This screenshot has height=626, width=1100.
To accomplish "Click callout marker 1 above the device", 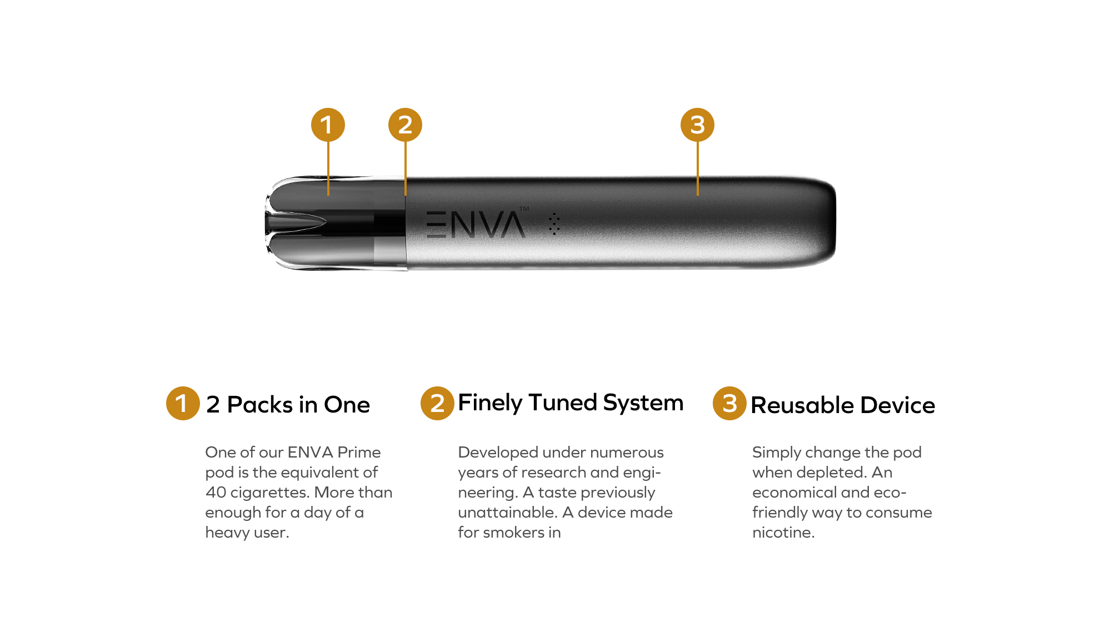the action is click(x=328, y=125).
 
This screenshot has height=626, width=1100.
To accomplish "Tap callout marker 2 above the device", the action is click(x=405, y=125).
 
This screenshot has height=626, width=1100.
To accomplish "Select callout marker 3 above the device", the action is click(x=697, y=125).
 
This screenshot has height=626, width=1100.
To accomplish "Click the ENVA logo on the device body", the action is click(x=476, y=225).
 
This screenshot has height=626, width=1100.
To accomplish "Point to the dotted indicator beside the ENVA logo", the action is click(x=554, y=224).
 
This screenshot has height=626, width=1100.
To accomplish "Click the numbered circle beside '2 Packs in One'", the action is click(x=183, y=403).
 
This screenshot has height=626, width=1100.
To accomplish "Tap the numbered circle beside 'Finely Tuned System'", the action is click(x=437, y=403).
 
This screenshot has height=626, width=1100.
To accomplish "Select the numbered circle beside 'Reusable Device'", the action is click(x=729, y=403).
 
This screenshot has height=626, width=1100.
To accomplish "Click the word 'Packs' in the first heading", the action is click(x=259, y=405).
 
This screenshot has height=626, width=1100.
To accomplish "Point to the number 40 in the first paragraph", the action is click(x=216, y=493).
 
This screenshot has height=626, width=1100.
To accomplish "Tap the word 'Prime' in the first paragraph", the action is click(x=359, y=452).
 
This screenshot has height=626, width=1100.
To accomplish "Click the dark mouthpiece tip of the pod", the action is click(x=294, y=222).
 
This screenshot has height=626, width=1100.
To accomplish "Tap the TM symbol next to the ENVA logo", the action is click(x=524, y=209).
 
